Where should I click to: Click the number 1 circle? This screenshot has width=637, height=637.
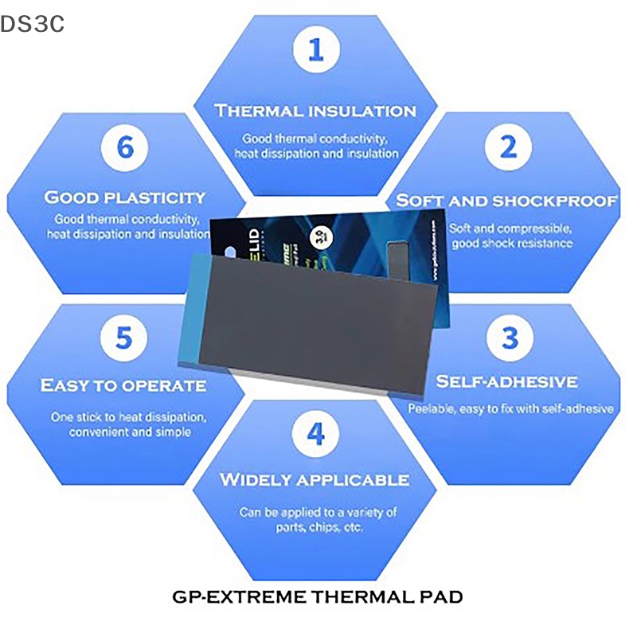tap(316, 51)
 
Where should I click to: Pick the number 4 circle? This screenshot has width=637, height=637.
tap(316, 435)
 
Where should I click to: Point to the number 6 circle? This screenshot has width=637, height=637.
tap(125, 147)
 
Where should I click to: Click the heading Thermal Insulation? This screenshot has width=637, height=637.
tap(316, 111)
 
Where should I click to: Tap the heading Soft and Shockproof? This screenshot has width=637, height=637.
tap(507, 200)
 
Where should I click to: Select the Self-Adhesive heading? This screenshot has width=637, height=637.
tap(506, 382)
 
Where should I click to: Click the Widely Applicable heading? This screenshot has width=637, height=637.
tap(315, 480)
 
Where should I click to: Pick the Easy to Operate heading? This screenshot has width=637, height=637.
tap(123, 386)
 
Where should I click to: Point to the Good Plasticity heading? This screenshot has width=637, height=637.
tap(125, 197)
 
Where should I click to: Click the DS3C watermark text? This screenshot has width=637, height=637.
tap(33, 25)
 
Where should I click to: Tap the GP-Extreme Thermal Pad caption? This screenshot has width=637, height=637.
tap(317, 596)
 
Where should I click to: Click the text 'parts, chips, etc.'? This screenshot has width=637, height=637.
tap(318, 527)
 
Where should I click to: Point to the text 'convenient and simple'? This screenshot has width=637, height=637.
tap(130, 432)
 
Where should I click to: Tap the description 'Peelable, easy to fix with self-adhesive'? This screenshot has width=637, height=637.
tap(510, 409)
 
